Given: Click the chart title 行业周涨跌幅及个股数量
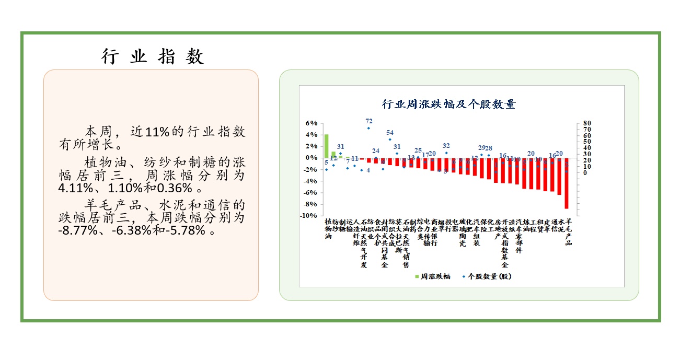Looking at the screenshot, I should tap(449, 104).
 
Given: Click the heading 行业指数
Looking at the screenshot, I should tap(152, 56).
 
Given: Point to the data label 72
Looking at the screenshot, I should tap(368, 121).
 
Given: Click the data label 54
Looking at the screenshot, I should tap(390, 133).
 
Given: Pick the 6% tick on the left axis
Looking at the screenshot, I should tap(311, 123).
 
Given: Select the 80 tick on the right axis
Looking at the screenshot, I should tap(587, 123).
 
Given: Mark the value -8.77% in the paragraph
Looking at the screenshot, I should tap(78, 230).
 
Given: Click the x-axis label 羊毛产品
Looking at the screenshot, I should tap(569, 231).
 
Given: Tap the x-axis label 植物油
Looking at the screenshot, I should tap(328, 229).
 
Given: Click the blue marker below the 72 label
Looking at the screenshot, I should tap(368, 128).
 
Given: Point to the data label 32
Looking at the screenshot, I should tap(446, 146).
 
